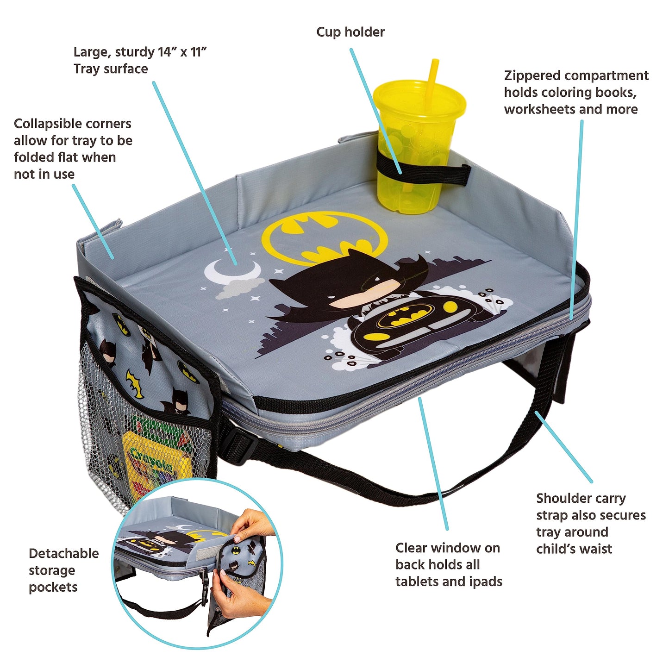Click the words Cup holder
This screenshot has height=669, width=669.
click(x=350, y=32)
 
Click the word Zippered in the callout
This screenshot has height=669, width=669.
click(x=532, y=75)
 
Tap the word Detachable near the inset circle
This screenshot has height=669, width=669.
click(x=64, y=553)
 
